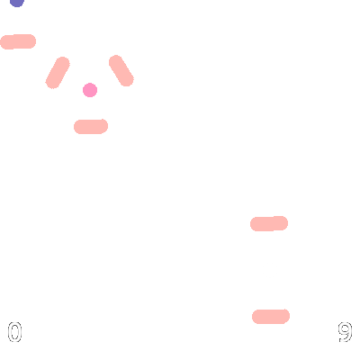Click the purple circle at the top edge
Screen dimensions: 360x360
(x=17, y=2)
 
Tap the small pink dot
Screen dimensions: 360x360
(x=90, y=90)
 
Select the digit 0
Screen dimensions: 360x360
(x=15, y=332)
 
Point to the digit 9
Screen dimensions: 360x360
(x=345, y=332)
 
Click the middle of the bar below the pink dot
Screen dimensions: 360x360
(x=91, y=127)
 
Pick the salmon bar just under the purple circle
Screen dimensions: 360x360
(x=18, y=41)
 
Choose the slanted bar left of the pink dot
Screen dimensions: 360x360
(x=58, y=73)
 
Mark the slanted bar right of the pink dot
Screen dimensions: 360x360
(x=121, y=71)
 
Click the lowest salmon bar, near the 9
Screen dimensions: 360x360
(x=271, y=317)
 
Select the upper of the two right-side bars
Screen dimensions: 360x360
(x=269, y=223)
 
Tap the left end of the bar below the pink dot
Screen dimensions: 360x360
(x=81, y=127)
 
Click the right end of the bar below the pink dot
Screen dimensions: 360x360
(x=101, y=126)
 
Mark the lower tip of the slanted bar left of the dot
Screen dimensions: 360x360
(x=53, y=82)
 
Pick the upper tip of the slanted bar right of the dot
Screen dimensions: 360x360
(x=116, y=62)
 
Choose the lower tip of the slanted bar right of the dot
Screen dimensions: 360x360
(x=127, y=79)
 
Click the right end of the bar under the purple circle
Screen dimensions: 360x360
(x=29, y=41)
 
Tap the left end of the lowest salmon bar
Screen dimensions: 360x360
(x=259, y=317)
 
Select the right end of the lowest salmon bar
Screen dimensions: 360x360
(x=283, y=316)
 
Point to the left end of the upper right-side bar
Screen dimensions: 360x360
(x=257, y=224)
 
